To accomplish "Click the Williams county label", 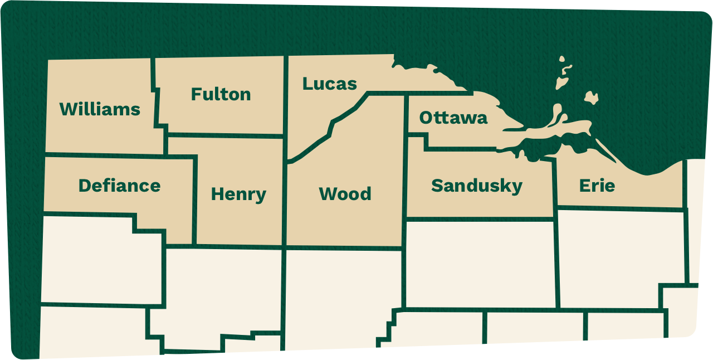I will [100, 109].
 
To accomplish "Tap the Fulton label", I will [221, 94].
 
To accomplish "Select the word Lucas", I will [329, 84].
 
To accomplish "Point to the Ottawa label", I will [453, 118].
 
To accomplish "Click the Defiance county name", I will [119, 185].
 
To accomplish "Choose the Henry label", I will [238, 194].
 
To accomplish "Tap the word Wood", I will [345, 194].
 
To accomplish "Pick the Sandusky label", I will [476, 186].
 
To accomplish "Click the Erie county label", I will [597, 185].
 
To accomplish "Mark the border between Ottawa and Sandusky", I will [462, 149].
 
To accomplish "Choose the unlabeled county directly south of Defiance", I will [100, 259].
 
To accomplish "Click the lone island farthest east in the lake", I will [591, 98].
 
